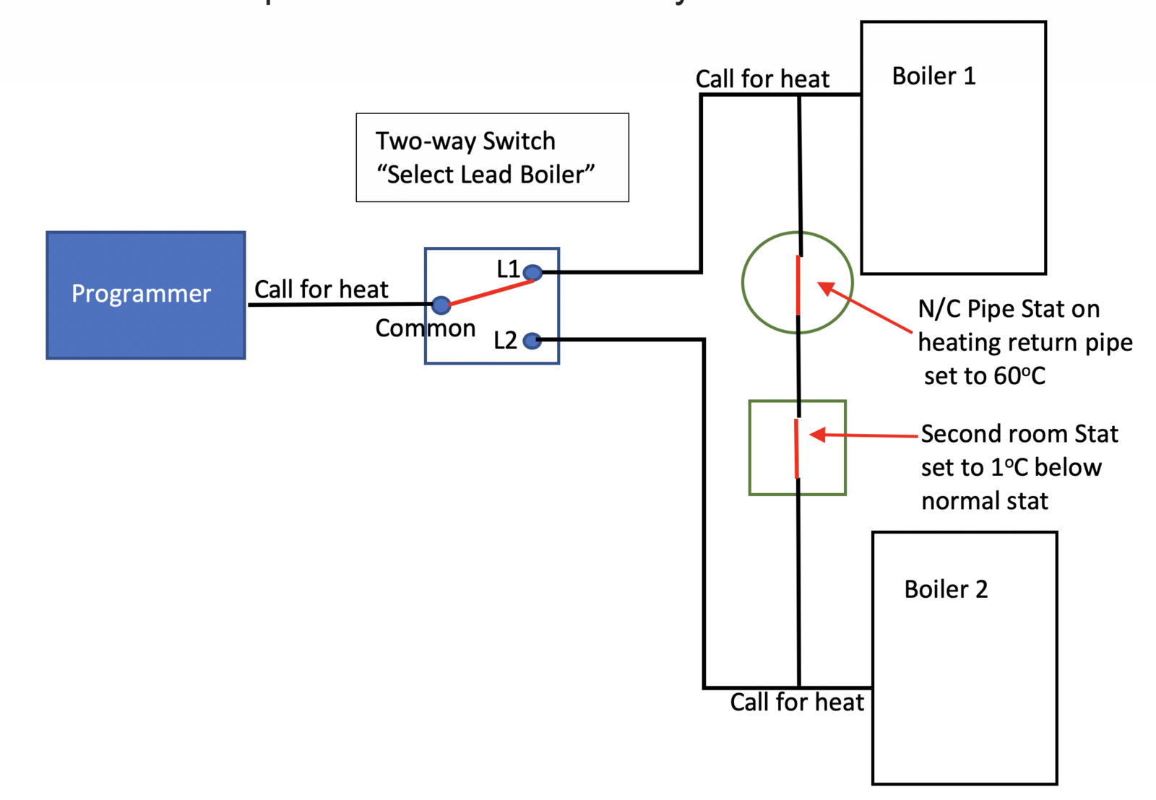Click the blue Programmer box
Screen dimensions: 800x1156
(146, 295)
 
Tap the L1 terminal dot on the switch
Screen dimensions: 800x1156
(532, 272)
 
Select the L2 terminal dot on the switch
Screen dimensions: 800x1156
(532, 340)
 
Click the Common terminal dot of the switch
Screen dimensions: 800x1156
(441, 305)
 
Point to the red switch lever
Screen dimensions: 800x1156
(491, 292)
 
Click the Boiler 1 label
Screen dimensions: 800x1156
(933, 76)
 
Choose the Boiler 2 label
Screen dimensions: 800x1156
(945, 589)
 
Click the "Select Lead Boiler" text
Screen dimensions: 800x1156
(486, 175)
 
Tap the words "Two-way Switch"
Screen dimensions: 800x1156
(465, 141)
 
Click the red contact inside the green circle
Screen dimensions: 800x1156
(798, 285)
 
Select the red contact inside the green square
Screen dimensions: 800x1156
(797, 448)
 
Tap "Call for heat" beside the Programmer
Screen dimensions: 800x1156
(321, 290)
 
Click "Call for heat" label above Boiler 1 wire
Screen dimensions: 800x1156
(762, 79)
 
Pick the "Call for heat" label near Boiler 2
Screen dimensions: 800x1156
(796, 702)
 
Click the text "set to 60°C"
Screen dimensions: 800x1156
(984, 375)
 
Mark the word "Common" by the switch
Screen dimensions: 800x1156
(425, 329)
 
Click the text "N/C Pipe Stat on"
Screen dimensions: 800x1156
(1009, 309)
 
